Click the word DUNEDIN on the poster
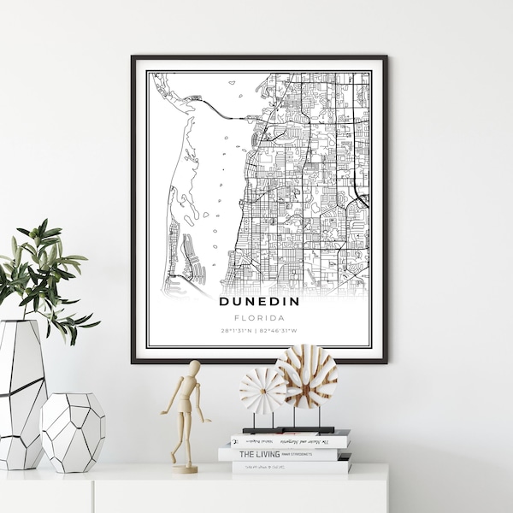[259, 301]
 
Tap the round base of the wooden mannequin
[184, 468]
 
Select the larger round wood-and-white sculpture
[306, 376]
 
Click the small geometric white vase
[73, 432]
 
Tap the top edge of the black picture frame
[259, 57]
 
